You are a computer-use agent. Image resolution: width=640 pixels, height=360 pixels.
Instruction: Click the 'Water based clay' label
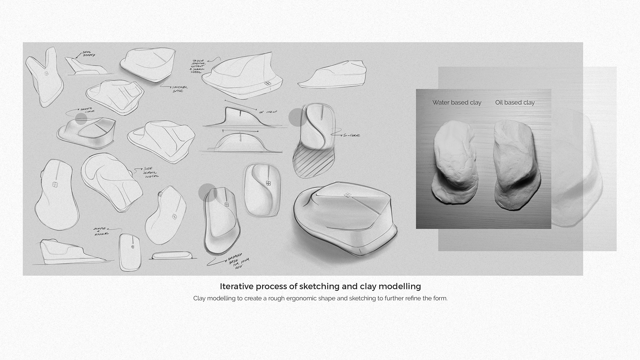pos(457,103)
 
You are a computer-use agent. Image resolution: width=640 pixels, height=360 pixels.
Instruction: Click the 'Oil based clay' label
pos(515,103)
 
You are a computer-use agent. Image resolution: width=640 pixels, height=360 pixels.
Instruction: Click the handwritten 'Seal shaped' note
pos(88,54)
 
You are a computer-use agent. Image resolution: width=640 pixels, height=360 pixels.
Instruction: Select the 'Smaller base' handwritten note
pos(180,89)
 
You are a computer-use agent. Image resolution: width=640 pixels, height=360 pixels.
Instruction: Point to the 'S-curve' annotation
pos(351,135)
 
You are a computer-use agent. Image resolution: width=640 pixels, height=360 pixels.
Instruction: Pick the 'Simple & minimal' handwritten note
pos(101,231)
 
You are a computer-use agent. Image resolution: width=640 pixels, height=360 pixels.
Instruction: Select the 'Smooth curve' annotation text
pos(87,110)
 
